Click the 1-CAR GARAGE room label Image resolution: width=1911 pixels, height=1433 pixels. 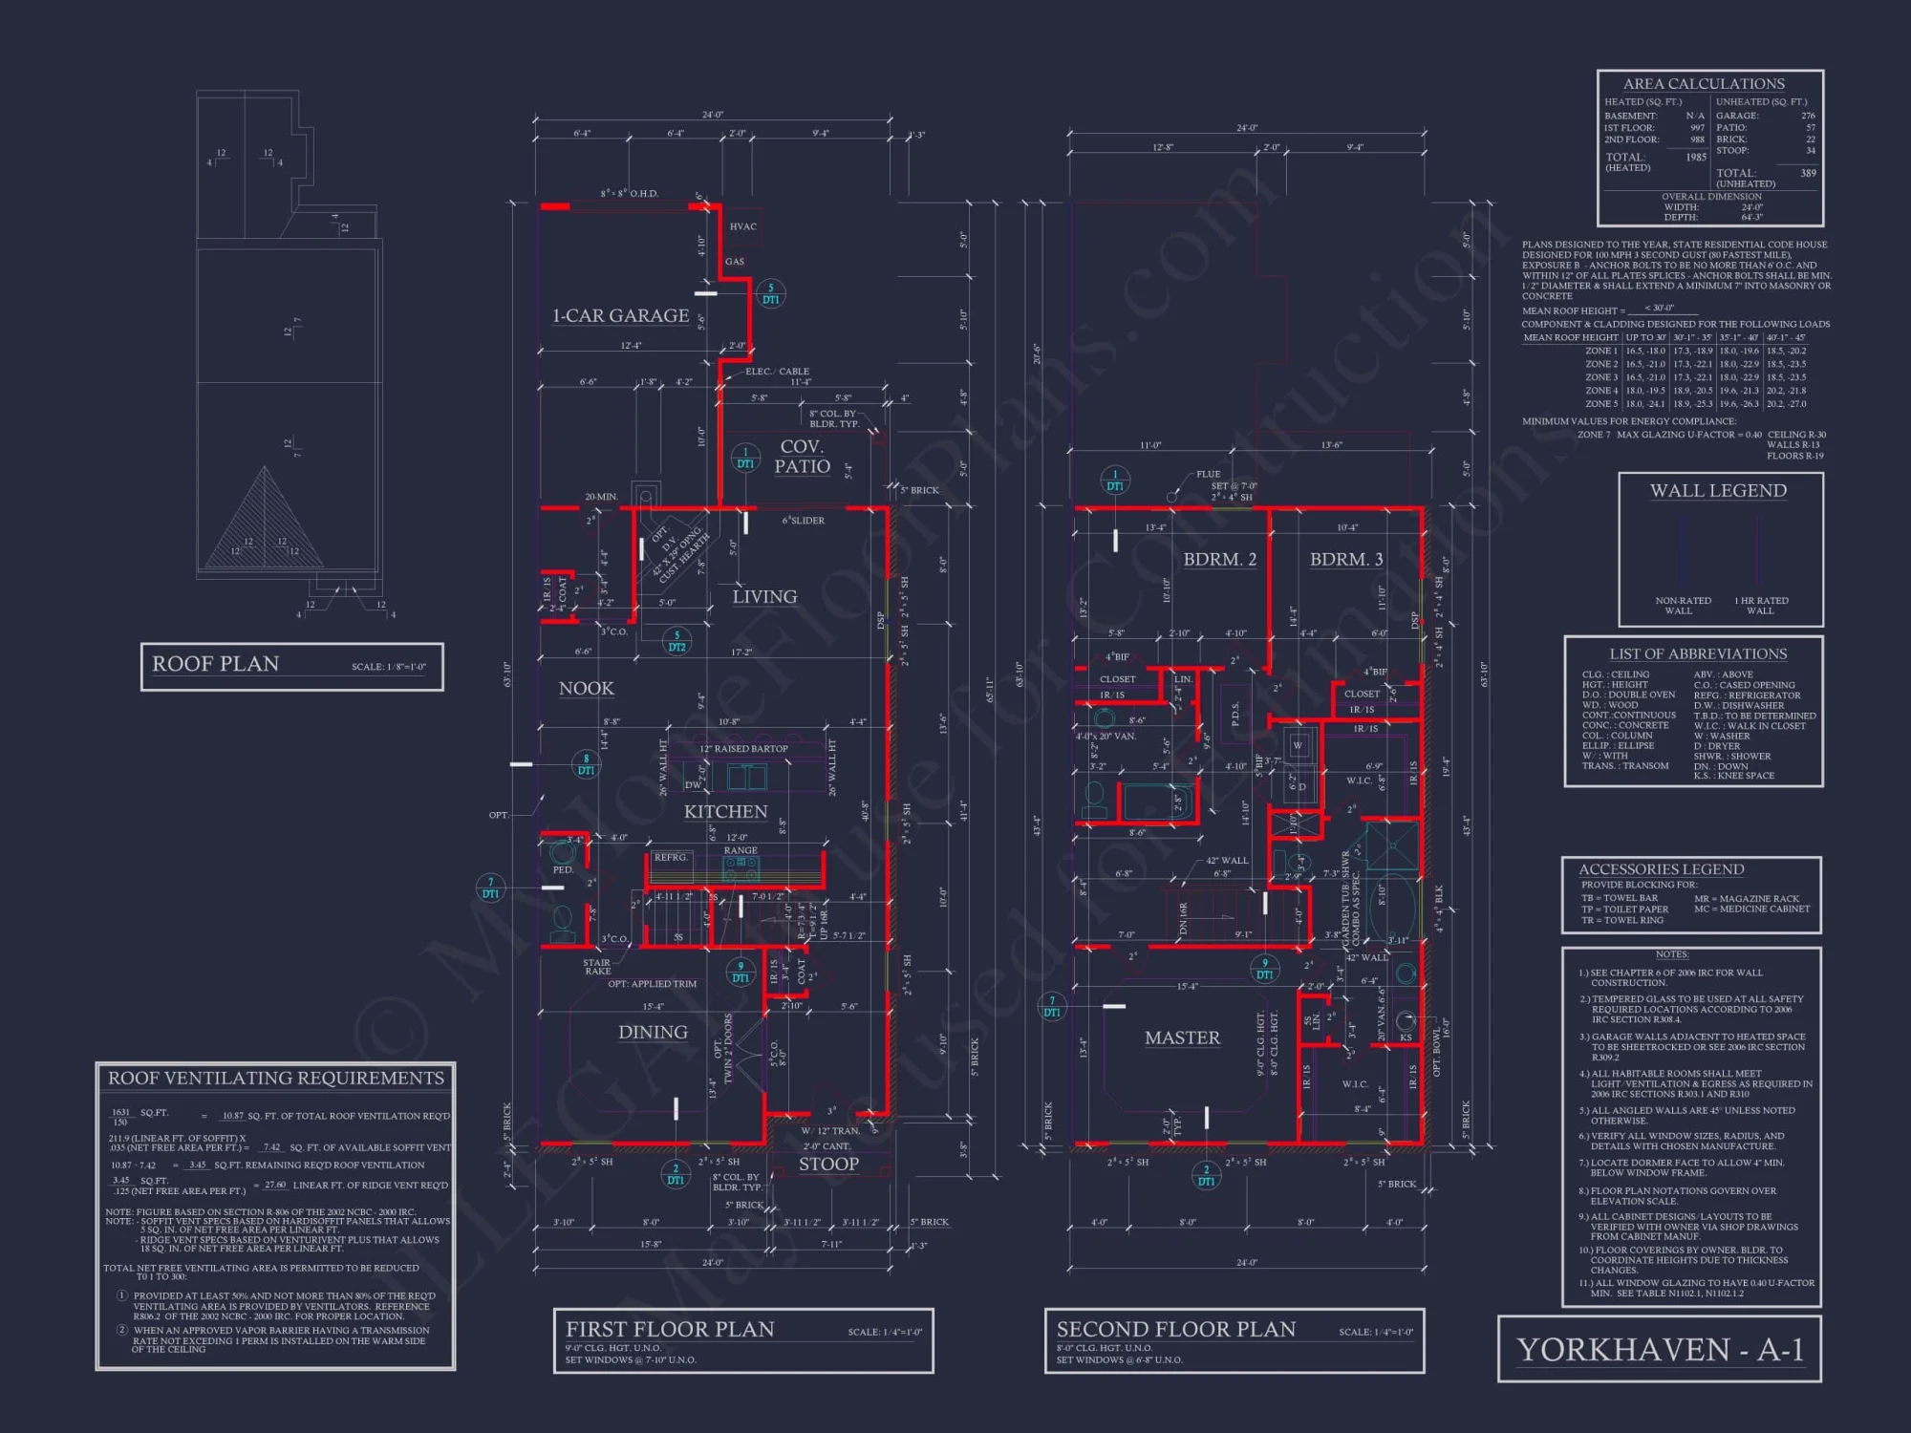tap(620, 316)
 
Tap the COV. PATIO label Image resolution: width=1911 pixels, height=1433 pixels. tap(802, 457)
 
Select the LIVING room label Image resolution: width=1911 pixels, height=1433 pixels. tap(764, 597)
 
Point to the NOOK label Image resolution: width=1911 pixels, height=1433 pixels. tap(586, 689)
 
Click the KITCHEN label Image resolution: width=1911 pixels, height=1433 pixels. tap(725, 812)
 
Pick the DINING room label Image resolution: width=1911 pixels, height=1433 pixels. tap(653, 1033)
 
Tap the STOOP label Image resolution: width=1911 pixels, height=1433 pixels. tap(828, 1165)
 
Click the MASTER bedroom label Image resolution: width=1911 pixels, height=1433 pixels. tap(1182, 1038)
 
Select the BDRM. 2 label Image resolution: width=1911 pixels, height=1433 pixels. tap(1219, 560)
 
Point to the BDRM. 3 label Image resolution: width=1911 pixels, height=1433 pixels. tap(1345, 560)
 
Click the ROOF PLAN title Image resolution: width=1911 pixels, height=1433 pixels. tap(216, 664)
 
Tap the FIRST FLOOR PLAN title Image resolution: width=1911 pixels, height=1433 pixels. tap(670, 1330)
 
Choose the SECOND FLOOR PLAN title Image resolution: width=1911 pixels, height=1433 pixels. tap(1175, 1330)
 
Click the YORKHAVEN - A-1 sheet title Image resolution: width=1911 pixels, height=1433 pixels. tap(1660, 1350)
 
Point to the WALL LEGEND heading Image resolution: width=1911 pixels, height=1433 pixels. tap(1717, 491)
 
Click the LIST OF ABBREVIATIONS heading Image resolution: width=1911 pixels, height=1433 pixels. tap(1697, 654)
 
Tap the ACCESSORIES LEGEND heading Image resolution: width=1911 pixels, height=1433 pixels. tap(1661, 869)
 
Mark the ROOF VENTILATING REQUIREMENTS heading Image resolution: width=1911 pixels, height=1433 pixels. tap(275, 1079)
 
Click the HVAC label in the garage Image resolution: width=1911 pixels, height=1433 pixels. tap(742, 227)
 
